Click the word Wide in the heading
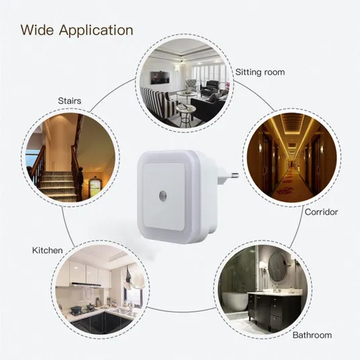coord(37,30)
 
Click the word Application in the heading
coord(96,31)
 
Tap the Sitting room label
coord(260,72)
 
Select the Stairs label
coord(70,101)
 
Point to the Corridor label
coord(321,212)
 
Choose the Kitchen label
coord(47,251)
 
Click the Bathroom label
coord(312,335)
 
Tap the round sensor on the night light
coord(163,195)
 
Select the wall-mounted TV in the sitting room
coord(161,78)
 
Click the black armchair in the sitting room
coord(210,88)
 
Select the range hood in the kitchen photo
coord(86,285)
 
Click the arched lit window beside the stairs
coord(95,187)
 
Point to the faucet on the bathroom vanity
coord(277,287)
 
